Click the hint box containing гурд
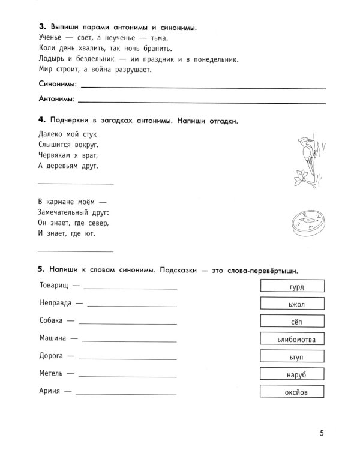292,287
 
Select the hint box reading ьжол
292,304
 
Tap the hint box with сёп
292,322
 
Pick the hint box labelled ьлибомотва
292,340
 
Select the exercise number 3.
41,28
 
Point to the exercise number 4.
41,121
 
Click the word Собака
52,320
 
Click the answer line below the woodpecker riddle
75,183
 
